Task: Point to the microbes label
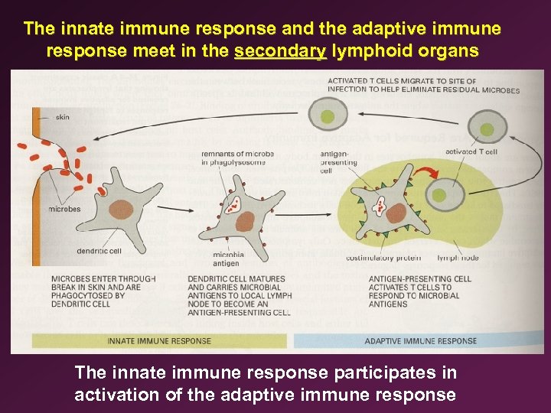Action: [x=64, y=209]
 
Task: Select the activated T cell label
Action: [x=471, y=151]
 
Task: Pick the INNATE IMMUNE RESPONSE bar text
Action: [x=159, y=340]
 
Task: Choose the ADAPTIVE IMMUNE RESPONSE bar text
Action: [x=420, y=340]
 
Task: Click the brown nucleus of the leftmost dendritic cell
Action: [x=122, y=211]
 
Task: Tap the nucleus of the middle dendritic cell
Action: [x=245, y=222]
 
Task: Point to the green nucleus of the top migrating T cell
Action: [x=328, y=116]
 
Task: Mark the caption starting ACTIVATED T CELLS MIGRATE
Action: [x=423, y=85]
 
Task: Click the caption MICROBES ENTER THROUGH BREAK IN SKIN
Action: [x=103, y=291]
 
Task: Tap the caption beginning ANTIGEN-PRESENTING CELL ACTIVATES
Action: [x=420, y=291]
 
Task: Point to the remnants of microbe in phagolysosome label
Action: [x=237, y=158]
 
